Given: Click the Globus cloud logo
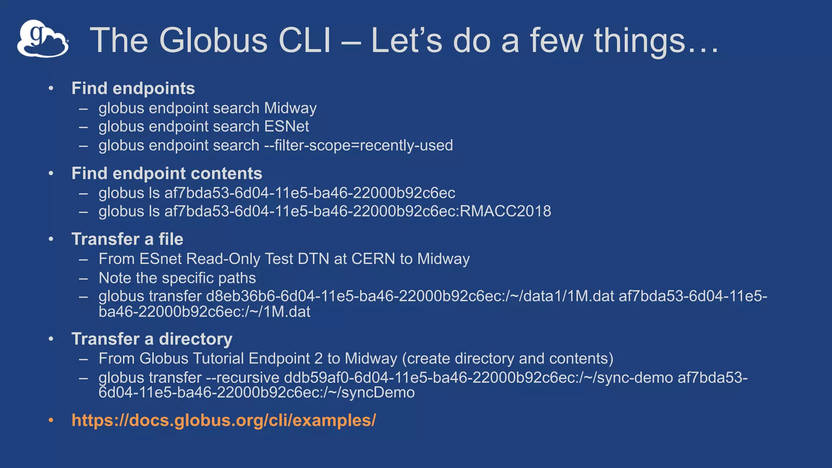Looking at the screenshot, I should click(x=43, y=39).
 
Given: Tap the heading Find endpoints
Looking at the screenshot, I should click(x=133, y=89).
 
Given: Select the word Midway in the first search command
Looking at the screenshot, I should click(x=290, y=108).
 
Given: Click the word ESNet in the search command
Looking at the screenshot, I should click(x=286, y=126).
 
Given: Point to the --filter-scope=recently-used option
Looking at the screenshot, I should click(x=358, y=145).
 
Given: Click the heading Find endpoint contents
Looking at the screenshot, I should click(x=167, y=173).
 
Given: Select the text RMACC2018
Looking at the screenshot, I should click(x=505, y=211).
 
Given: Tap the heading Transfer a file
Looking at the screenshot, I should click(x=127, y=239).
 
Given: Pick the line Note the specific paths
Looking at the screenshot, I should click(x=177, y=278).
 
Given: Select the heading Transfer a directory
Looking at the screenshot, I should click(x=152, y=339).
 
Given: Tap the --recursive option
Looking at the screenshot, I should click(x=243, y=377).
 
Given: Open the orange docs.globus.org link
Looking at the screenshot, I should click(x=223, y=420).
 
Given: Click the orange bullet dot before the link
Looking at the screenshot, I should click(x=51, y=420).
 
